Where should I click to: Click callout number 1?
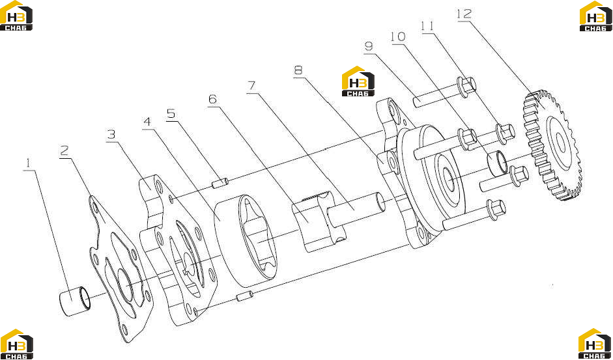coord(28,163)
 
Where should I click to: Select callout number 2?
coord(64,150)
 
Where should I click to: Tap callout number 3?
coord(111,135)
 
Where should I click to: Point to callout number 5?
coord(171,114)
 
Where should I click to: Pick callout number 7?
coord(251,87)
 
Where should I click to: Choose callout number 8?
coord(298,70)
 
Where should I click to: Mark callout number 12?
coord(464,14)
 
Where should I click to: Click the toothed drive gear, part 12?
coord(552,145)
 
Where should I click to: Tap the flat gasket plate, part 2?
coord(119,269)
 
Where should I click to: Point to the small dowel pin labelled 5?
coord(220,183)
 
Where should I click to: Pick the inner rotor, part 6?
coord(319,221)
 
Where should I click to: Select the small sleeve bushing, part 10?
coord(497,163)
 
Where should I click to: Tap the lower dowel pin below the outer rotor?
coord(246,297)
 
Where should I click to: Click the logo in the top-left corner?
coord(16,16)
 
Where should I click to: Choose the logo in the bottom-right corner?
coord(595,344)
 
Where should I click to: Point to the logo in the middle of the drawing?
coord(358,81)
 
